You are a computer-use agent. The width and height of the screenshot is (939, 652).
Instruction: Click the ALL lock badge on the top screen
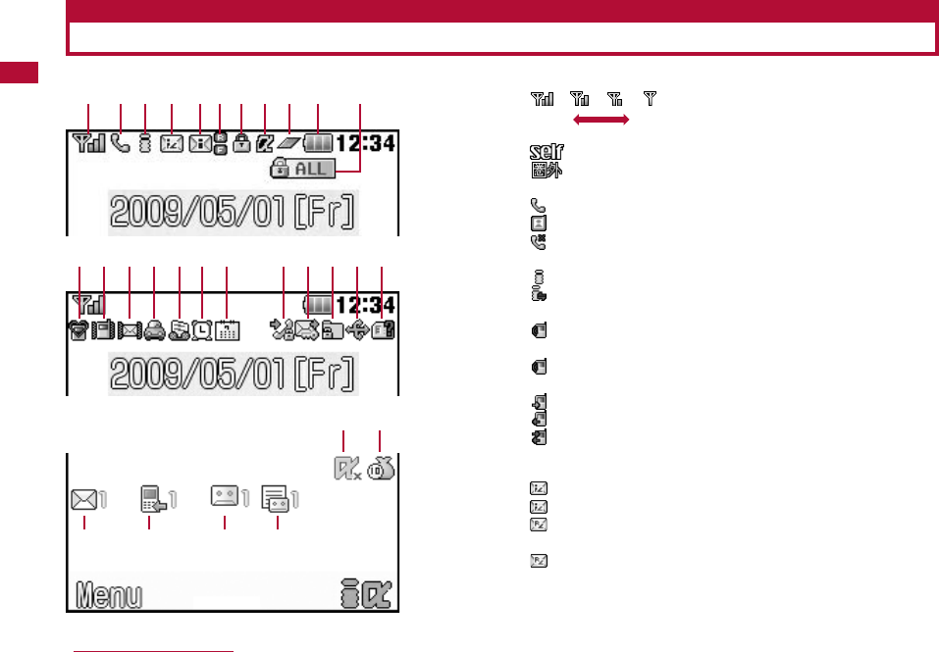[x=303, y=170]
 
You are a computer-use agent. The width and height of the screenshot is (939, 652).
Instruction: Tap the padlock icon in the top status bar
[x=240, y=143]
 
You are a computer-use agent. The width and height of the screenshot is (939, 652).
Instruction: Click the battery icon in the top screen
[x=319, y=143]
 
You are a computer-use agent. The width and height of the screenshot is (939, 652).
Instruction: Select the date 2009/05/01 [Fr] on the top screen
[x=233, y=212]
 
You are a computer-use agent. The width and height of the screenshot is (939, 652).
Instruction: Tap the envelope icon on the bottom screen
[x=83, y=500]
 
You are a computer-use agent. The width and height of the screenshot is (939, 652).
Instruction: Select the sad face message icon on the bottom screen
[x=225, y=496]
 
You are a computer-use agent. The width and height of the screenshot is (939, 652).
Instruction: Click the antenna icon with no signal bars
[x=650, y=98]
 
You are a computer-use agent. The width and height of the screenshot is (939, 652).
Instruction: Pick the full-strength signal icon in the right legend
[x=543, y=98]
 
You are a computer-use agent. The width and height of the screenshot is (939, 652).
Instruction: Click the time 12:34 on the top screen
[x=366, y=143]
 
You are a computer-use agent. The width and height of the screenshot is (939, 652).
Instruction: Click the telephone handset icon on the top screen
[x=120, y=143]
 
